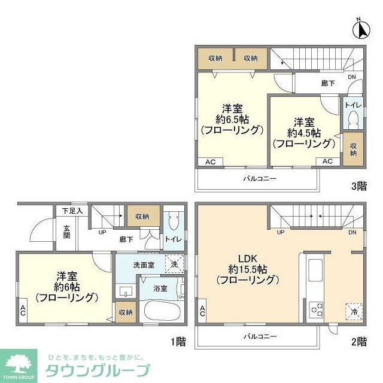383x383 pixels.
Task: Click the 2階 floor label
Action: pos(358,342)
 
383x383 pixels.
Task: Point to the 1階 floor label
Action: pos(178,342)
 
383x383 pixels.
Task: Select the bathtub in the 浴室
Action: pos(160,311)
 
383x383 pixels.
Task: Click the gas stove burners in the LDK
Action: pos(316,310)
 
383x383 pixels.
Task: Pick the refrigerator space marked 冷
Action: pos(354,311)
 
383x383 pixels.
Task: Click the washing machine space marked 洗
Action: pos(174,264)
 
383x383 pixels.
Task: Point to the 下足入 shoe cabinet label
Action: pos(72,211)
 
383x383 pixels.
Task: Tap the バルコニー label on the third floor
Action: pos(259,178)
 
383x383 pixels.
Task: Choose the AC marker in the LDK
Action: pos(203,311)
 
